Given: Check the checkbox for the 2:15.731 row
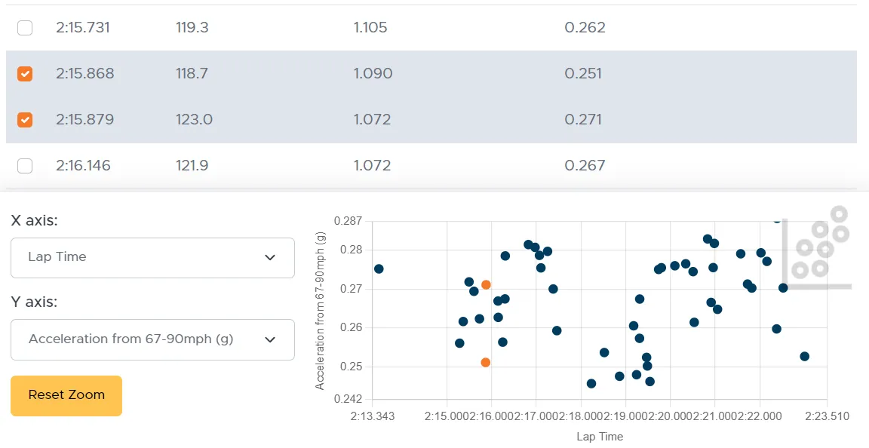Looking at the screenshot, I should (25, 28).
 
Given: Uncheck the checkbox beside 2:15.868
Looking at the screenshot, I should (25, 74).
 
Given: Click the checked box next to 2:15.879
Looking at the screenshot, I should (25, 120).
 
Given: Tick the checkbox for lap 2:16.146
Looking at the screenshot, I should (25, 166).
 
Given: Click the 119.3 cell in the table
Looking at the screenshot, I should (192, 28).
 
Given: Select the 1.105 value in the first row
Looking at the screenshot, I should (370, 28).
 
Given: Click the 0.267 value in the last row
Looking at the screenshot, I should (585, 166).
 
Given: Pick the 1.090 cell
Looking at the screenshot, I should (373, 74).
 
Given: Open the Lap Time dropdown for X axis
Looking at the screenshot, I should (152, 257).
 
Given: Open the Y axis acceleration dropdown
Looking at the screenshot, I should (152, 339).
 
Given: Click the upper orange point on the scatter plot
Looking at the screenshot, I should (486, 285).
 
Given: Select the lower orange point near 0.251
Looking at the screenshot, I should (485, 363).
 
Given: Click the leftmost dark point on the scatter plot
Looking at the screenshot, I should (379, 268).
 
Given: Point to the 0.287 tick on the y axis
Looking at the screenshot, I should (348, 222).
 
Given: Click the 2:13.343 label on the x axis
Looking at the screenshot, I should (373, 416).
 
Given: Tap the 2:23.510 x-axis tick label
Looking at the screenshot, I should (826, 416).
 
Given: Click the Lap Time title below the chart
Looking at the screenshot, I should (600, 437).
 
